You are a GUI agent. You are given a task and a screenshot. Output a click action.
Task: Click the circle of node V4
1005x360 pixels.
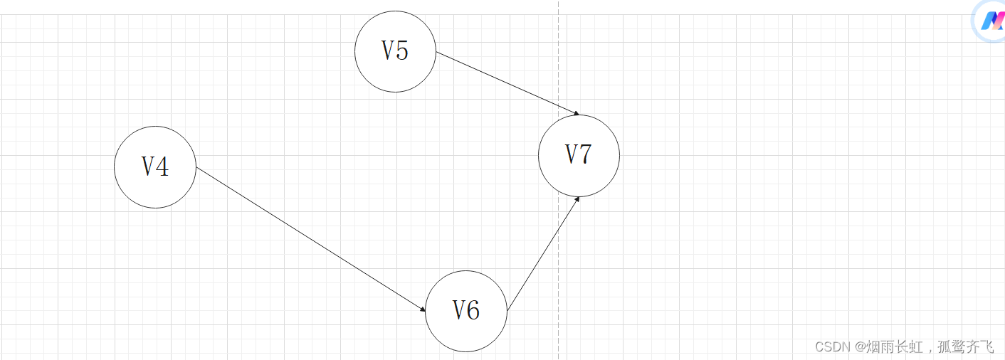pos(155,167)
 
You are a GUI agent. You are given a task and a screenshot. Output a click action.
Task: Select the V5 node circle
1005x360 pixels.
pos(395,51)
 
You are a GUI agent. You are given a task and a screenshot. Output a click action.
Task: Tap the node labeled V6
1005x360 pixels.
pos(466,311)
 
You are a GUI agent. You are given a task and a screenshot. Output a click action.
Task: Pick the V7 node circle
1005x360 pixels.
pos(579,155)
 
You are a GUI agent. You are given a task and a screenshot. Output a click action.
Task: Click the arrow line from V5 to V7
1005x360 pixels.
pos(505,83)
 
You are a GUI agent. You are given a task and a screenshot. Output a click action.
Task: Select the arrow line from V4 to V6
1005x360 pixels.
pos(310,240)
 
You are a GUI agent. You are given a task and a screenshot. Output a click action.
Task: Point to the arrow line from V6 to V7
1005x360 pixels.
pos(543,254)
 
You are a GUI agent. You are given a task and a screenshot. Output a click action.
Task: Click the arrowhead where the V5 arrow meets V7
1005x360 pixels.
pos(576,114)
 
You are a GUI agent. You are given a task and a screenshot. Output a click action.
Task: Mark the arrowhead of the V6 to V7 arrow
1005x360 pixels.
pos(577,198)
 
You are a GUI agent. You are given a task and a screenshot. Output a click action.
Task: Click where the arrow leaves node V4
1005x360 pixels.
pos(196,168)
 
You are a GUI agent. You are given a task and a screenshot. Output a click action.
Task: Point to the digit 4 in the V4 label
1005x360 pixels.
pos(163,166)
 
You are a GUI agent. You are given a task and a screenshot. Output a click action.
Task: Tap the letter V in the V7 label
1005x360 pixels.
pos(572,154)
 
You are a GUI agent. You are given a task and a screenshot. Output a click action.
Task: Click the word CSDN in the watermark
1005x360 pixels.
pos(833,346)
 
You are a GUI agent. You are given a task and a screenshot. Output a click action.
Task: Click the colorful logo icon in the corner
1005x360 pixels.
pos(991,21)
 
